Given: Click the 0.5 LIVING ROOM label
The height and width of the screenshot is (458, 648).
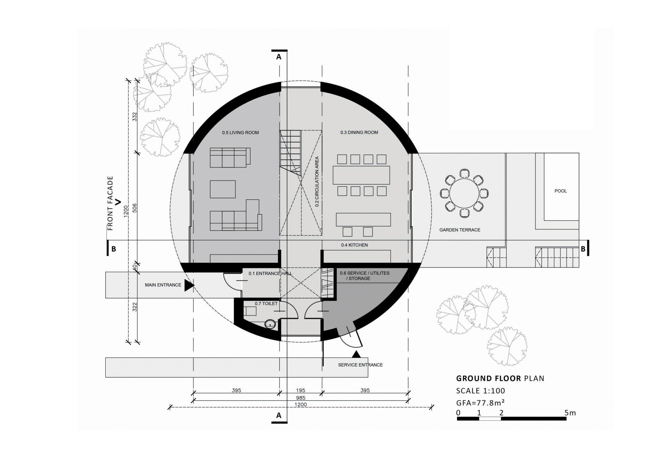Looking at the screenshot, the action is point(240,133).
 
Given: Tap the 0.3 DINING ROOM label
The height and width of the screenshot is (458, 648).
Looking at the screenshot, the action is point(359,132).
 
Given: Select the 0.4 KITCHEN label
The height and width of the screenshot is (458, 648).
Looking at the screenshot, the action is point(354,245).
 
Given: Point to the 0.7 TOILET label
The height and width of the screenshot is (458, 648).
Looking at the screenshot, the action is point(266,303).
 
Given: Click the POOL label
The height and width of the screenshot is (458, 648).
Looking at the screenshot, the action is point(561,191).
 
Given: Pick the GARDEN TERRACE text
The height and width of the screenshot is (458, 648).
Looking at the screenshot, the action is point(460,230).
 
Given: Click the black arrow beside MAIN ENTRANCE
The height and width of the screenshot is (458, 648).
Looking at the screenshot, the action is point(189,285).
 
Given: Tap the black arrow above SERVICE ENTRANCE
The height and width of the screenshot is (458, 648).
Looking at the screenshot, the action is point(356,354).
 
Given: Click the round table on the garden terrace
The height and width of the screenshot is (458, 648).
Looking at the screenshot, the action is point(464,194).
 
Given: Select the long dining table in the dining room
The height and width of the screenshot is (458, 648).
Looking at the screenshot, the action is point(361,175).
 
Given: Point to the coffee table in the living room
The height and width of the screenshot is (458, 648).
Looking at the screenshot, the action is point(223,189).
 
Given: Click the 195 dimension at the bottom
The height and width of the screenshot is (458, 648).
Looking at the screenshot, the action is point(301,390).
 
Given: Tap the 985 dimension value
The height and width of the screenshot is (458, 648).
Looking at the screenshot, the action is point(301,398).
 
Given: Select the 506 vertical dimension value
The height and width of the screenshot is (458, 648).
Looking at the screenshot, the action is point(135,208).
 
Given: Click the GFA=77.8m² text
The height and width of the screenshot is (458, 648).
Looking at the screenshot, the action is point(481,403).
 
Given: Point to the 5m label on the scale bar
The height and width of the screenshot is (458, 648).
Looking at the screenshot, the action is point(570,412).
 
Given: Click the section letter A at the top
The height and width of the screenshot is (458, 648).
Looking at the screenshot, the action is point(279,57).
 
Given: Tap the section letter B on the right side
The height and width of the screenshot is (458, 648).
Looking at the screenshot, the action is point(583,249).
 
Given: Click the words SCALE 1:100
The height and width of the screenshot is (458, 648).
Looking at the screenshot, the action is point(481,391).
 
